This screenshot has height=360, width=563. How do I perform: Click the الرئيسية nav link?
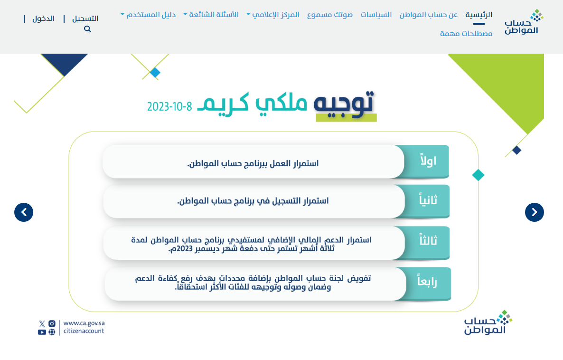pyautogui.click(x=479, y=15)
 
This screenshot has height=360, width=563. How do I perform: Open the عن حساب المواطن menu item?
pyautogui.click(x=428, y=15)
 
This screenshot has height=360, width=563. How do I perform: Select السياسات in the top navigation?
pyautogui.click(x=376, y=15)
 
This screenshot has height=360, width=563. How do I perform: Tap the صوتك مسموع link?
pyautogui.click(x=329, y=15)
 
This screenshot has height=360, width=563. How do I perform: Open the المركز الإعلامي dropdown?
pyautogui.click(x=273, y=15)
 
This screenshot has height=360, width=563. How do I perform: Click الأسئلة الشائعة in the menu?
pyautogui.click(x=211, y=15)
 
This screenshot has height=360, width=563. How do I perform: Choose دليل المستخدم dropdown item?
pyautogui.click(x=148, y=15)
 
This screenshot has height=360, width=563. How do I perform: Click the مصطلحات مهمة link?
pyautogui.click(x=466, y=33)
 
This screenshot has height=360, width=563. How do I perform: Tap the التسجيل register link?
pyautogui.click(x=85, y=19)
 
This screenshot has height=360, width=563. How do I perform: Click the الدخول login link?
pyautogui.click(x=44, y=19)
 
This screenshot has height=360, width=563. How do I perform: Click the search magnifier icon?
pyautogui.click(x=88, y=29)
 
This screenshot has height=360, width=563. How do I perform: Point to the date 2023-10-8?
pyautogui.click(x=169, y=107)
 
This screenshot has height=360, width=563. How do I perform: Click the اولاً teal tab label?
pyautogui.click(x=428, y=161)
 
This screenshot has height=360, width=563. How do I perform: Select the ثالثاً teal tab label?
pyautogui.click(x=428, y=240)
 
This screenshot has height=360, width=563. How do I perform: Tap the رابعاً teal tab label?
pyautogui.click(x=427, y=281)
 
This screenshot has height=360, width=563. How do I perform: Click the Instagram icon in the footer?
pyautogui.click(x=52, y=324)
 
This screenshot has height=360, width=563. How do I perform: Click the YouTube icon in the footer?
pyautogui.click(x=42, y=332)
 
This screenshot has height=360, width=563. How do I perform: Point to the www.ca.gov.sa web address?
pyautogui.click(x=84, y=323)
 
